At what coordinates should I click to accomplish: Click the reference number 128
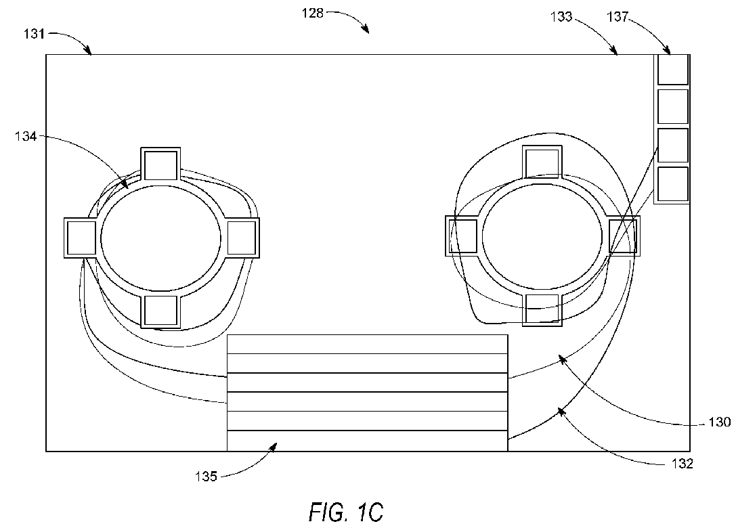312,13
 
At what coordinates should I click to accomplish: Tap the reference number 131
35,34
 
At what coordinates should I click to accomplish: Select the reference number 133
561,17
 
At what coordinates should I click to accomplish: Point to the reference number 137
618,17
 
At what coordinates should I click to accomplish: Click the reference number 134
26,137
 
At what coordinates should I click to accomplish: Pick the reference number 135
207,477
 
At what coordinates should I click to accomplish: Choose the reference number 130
719,422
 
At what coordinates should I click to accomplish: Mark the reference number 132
682,464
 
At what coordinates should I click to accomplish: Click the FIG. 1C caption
346,512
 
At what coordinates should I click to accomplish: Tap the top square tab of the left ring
160,164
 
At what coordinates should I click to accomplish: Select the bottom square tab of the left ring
160,311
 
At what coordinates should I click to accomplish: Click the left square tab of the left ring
81,238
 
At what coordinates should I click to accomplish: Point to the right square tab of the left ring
242,238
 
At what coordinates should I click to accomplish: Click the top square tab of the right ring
542,162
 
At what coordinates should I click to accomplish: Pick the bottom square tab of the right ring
542,310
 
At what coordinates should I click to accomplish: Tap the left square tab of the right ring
462,236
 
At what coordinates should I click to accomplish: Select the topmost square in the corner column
672,70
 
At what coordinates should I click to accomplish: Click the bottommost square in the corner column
672,184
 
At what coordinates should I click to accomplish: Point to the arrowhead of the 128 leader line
366,30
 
